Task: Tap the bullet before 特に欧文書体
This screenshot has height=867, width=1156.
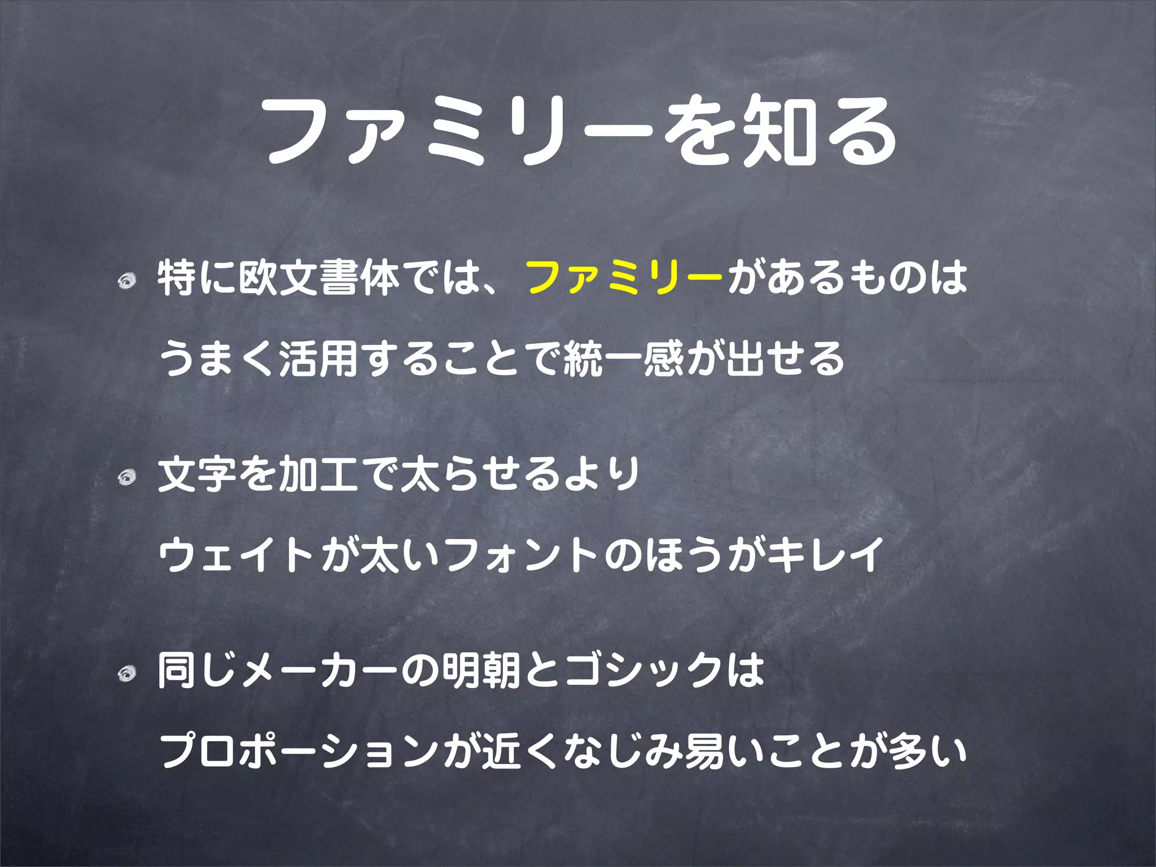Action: tap(127, 279)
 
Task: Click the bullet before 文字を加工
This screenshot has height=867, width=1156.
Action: tap(127, 478)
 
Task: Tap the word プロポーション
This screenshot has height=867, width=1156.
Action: tap(299, 752)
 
